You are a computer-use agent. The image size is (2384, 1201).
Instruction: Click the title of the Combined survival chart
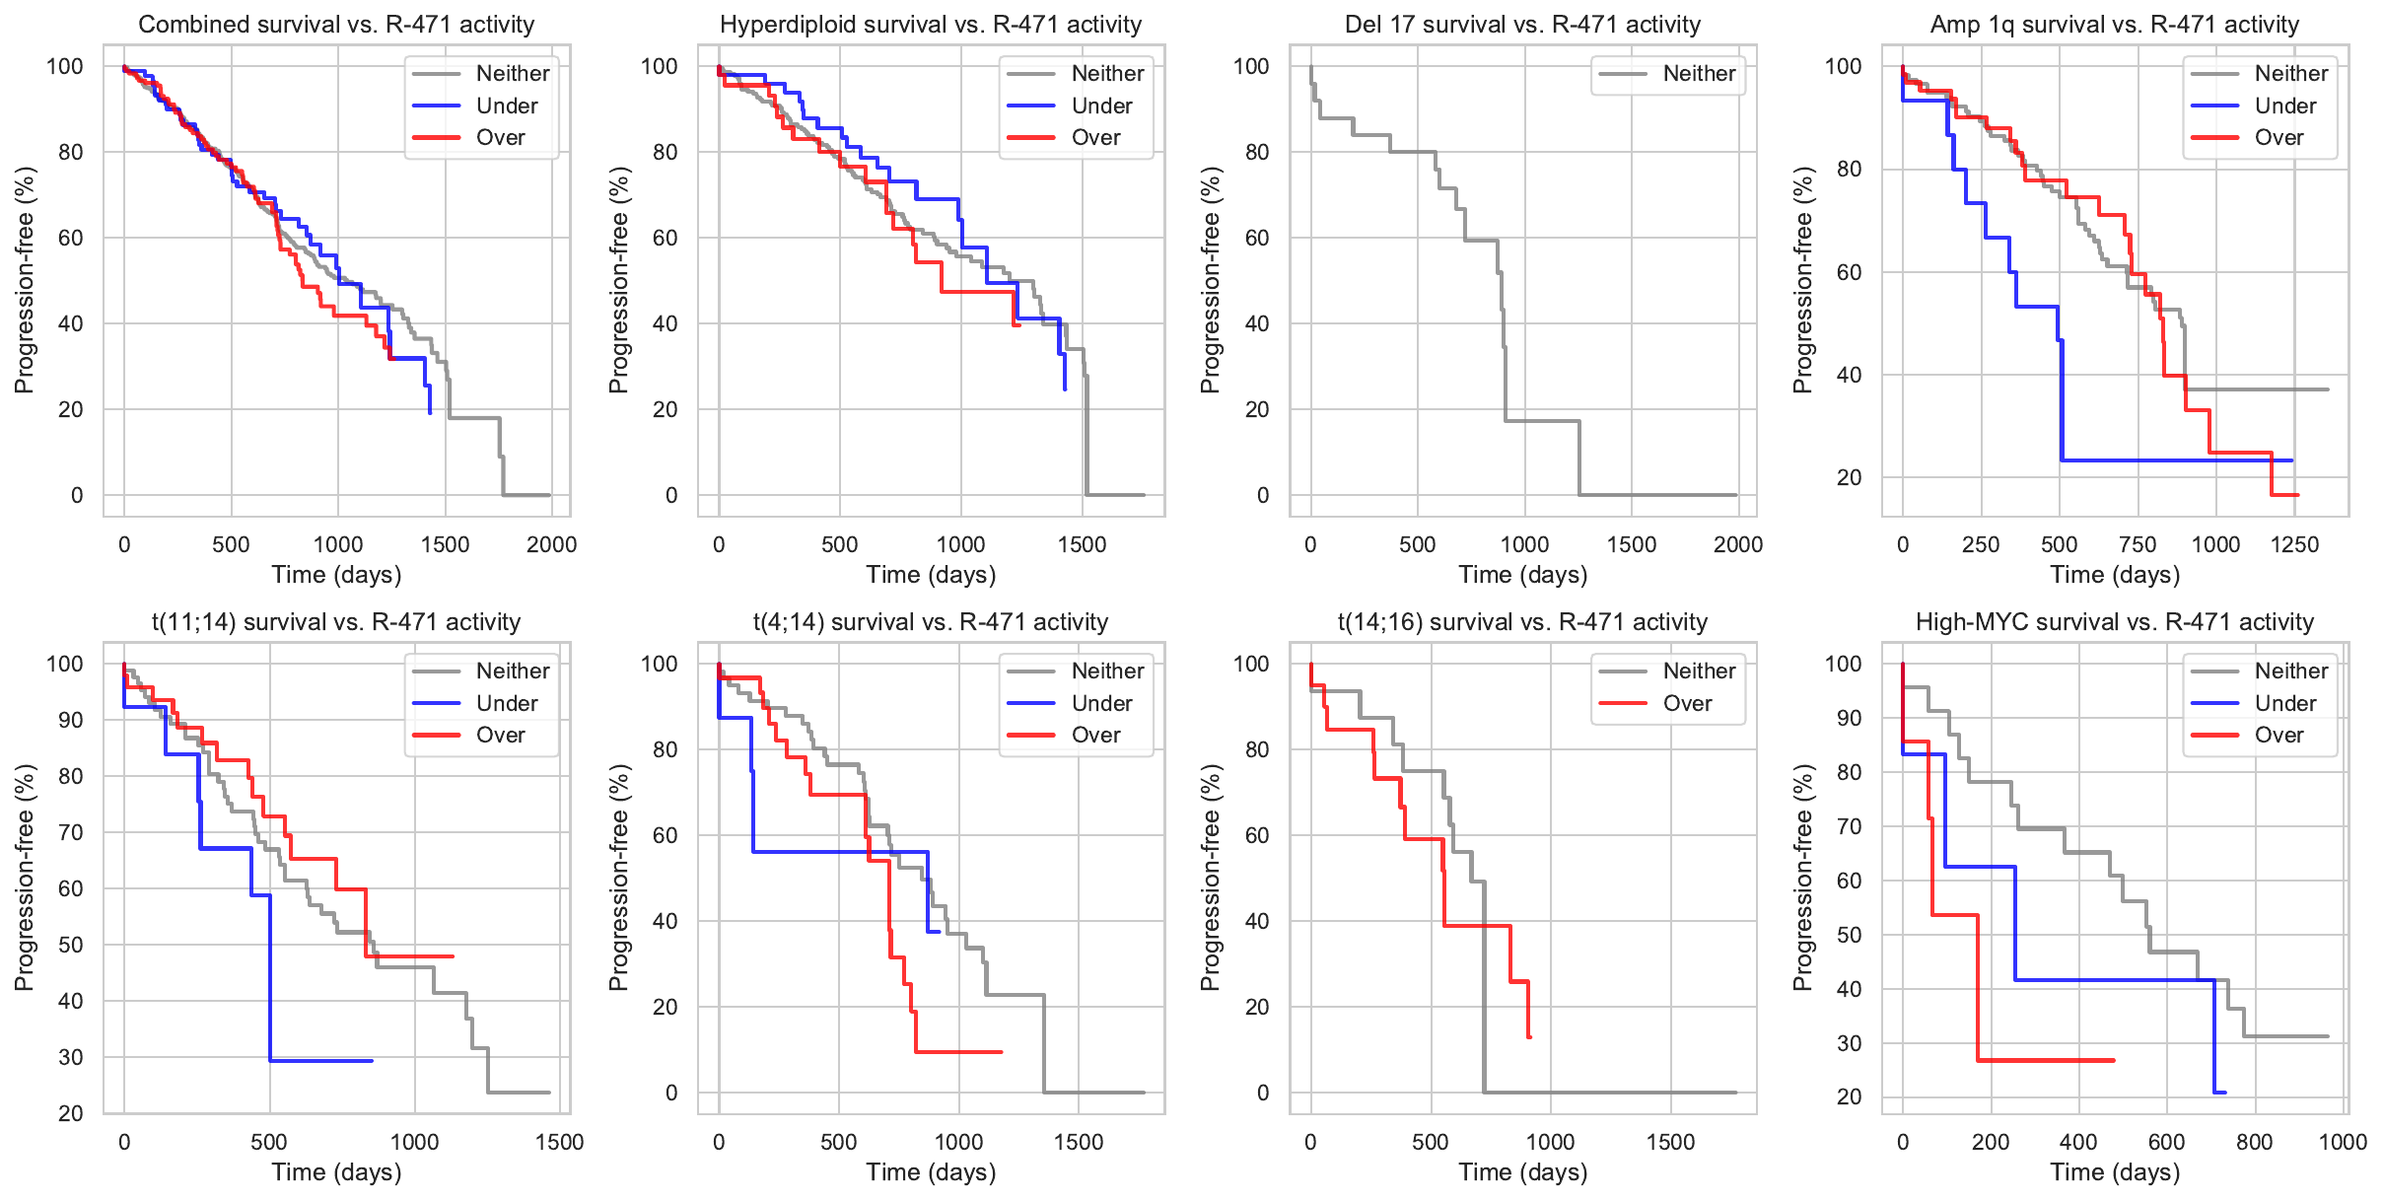click(x=336, y=25)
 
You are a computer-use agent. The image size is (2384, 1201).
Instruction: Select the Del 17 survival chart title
click(x=1522, y=25)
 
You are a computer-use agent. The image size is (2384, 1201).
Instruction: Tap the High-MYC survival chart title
click(x=2114, y=622)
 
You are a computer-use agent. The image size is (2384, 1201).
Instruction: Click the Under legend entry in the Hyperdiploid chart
click(x=1101, y=106)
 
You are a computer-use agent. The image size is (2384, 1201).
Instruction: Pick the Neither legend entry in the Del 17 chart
click(x=1698, y=73)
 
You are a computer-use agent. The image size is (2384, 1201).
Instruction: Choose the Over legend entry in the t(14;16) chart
click(x=1687, y=703)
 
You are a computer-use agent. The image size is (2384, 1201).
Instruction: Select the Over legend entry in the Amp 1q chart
click(x=2279, y=137)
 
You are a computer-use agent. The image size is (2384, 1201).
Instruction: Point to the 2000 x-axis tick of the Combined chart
click(x=551, y=544)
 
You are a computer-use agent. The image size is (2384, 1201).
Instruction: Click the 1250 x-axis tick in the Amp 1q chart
click(x=2294, y=544)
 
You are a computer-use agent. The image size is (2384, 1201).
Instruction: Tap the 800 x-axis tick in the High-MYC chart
click(x=2254, y=1142)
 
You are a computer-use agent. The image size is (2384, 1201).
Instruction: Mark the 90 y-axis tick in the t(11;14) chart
click(x=71, y=720)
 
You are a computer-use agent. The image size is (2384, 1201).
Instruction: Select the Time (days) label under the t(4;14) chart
click(x=931, y=1171)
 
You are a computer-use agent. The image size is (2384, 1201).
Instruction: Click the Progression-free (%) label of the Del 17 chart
click(x=1210, y=280)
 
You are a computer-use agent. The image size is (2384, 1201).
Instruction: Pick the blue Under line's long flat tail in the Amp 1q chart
click(x=2169, y=460)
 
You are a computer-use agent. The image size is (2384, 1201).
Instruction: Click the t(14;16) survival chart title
click(x=1522, y=622)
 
